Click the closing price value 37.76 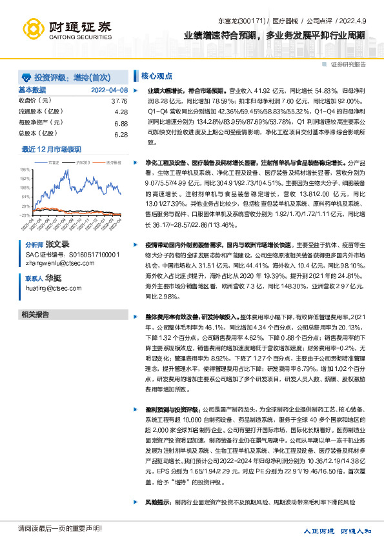click(119, 101)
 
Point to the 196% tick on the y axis click(26, 168)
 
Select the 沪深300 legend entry click(82, 163)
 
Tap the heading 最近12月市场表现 click(52, 149)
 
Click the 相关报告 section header click(36, 315)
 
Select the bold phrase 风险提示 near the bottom click(158, 501)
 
